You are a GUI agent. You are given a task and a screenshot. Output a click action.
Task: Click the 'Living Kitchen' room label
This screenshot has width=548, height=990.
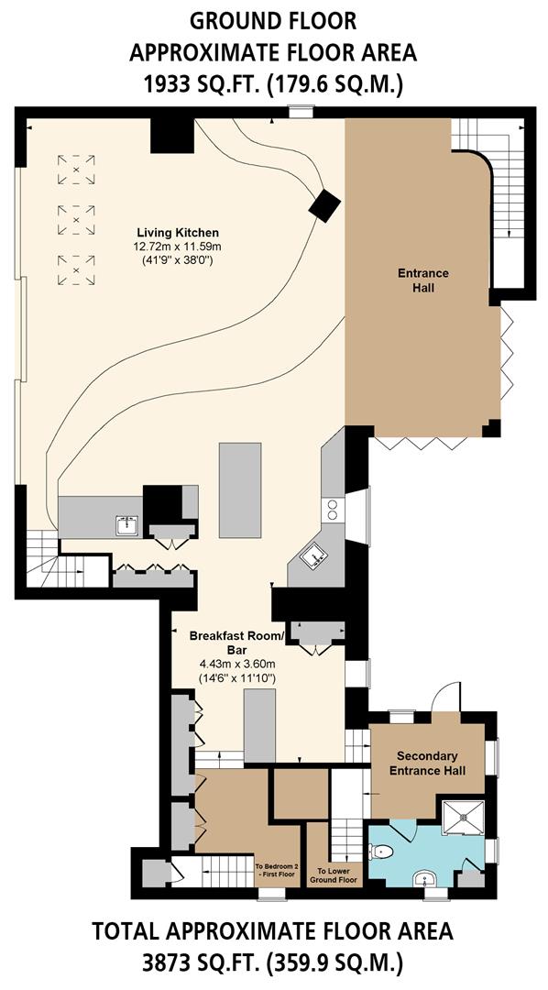(x=177, y=232)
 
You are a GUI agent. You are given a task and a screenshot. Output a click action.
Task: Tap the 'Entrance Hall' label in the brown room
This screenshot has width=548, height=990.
(x=422, y=280)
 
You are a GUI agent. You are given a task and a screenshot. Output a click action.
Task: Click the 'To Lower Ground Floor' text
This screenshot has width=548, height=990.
(x=336, y=875)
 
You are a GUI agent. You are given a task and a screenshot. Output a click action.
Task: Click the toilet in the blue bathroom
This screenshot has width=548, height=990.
(x=383, y=852)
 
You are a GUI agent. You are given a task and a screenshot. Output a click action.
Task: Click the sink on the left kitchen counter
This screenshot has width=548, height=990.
(x=126, y=526)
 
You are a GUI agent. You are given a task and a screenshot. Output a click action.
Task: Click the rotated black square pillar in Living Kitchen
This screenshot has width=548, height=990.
(x=324, y=205)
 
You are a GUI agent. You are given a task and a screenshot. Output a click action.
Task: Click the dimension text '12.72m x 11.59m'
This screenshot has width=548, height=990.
(x=177, y=247)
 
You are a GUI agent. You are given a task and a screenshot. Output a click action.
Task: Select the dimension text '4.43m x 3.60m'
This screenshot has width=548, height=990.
(x=237, y=664)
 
